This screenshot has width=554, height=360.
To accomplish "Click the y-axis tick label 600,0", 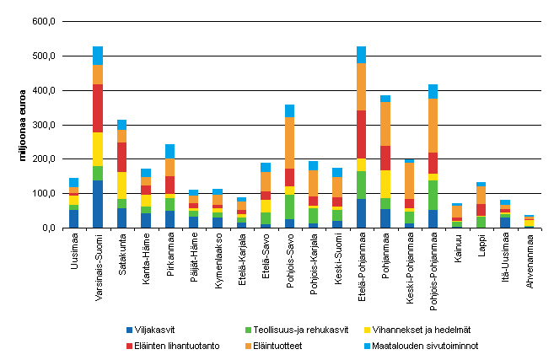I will [x=44, y=21].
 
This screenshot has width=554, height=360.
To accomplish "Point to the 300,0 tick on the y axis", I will [x=44, y=125].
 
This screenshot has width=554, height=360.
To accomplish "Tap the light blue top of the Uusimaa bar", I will [x=73, y=182].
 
